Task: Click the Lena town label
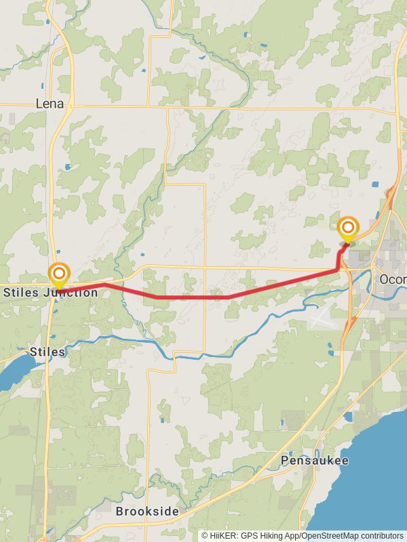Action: (x=50, y=104)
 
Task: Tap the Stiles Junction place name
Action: (x=50, y=293)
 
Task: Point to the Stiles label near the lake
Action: (x=47, y=352)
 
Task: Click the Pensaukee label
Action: (x=315, y=461)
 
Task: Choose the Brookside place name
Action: (x=147, y=512)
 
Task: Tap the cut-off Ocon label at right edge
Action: (x=392, y=279)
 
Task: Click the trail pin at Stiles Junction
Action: (x=59, y=274)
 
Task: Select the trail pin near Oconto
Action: (x=348, y=228)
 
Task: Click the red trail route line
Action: (x=190, y=297)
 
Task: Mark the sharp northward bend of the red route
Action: (x=338, y=269)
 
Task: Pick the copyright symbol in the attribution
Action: (x=204, y=535)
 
